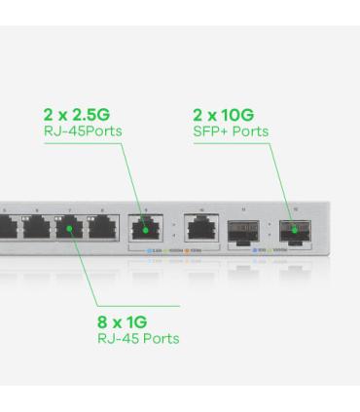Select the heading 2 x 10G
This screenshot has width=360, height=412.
pyautogui.click(x=224, y=116)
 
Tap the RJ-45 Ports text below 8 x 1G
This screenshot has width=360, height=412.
pyautogui.click(x=138, y=339)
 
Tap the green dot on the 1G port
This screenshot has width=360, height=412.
pyautogui.click(x=70, y=230)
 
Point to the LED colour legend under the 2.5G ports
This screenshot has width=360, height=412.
pyautogui.click(x=172, y=251)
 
